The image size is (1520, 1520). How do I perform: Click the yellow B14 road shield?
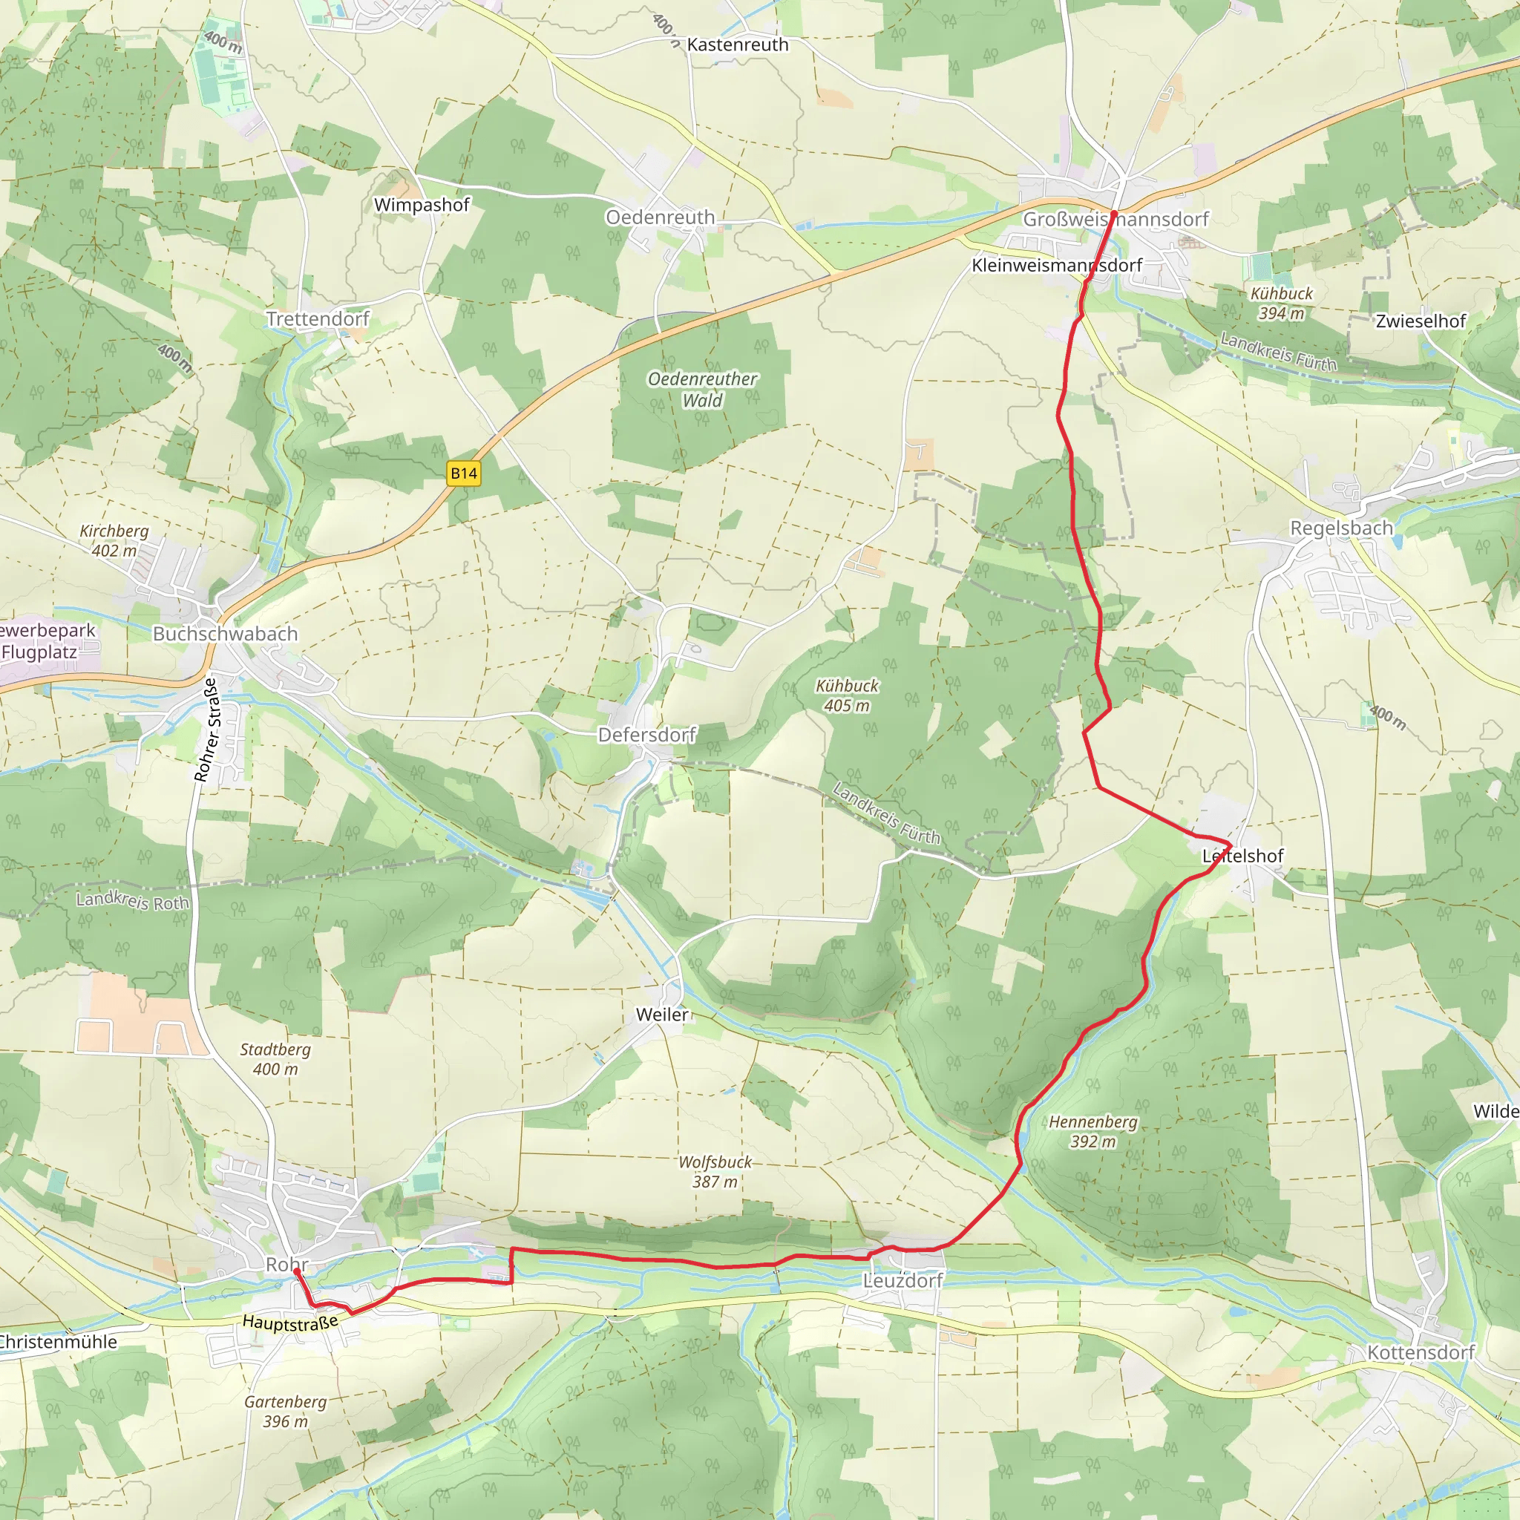pyautogui.click(x=463, y=474)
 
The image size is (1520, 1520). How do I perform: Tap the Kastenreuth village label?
pyautogui.click(x=737, y=45)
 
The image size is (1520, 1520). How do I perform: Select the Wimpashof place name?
pyautogui.click(x=422, y=205)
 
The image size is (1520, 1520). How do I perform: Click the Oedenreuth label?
pyautogui.click(x=660, y=217)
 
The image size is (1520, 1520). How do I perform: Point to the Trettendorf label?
pyautogui.click(x=317, y=318)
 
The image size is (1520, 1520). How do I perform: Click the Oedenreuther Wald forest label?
pyautogui.click(x=702, y=390)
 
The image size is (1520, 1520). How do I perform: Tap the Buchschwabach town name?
pyautogui.click(x=225, y=633)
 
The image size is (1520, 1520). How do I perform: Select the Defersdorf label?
pyautogui.click(x=646, y=735)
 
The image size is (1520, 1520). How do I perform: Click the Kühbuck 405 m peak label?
pyautogui.click(x=847, y=695)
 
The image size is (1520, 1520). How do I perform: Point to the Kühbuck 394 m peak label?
pyautogui.click(x=1282, y=303)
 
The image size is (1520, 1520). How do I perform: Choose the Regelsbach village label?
pyautogui.click(x=1341, y=528)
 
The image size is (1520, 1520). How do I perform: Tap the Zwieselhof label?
pyautogui.click(x=1421, y=321)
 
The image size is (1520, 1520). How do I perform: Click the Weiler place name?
pyautogui.click(x=663, y=1015)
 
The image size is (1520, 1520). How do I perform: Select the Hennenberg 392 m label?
pyautogui.click(x=1092, y=1131)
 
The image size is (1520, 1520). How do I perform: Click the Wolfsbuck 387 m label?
pyautogui.click(x=715, y=1171)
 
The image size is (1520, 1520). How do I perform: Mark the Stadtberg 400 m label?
pyautogui.click(x=275, y=1059)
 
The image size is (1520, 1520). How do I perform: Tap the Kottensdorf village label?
pyautogui.click(x=1421, y=1352)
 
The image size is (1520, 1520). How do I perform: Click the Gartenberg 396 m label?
pyautogui.click(x=285, y=1412)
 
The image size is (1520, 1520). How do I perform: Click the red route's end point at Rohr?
pyautogui.click(x=297, y=1271)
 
